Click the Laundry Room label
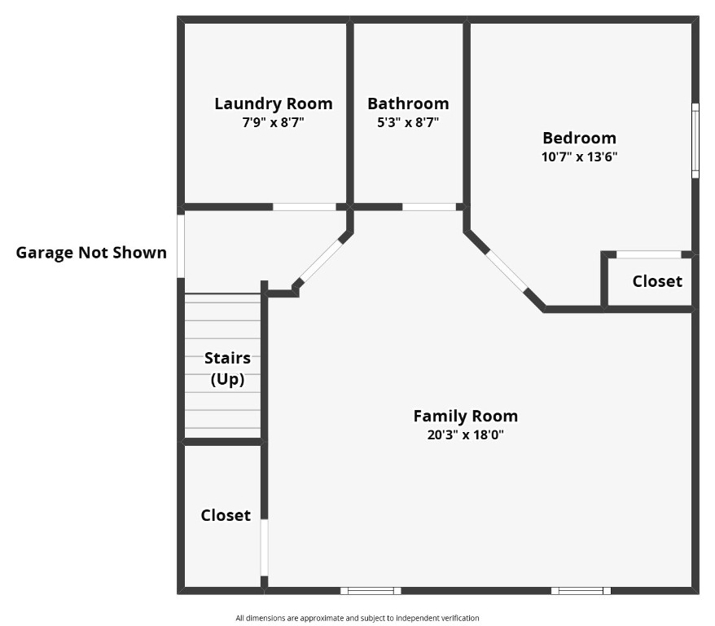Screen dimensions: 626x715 [x=273, y=104]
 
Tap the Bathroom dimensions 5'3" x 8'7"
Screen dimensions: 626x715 [x=407, y=122]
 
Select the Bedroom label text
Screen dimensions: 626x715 [x=579, y=138]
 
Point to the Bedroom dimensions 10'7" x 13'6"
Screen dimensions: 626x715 [x=579, y=157]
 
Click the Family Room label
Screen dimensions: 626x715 [x=465, y=416]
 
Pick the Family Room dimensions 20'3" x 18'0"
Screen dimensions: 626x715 [x=465, y=435]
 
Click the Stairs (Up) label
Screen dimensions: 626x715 [x=227, y=368]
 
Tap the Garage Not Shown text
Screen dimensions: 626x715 [x=91, y=253]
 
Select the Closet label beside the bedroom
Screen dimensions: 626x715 [x=656, y=281]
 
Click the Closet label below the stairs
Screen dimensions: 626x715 [x=226, y=515]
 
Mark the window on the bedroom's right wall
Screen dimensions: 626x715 [x=695, y=140]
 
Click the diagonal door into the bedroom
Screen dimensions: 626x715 [x=506, y=271]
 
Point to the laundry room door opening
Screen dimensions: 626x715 [x=304, y=207]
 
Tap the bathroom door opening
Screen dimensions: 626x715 [x=429, y=207]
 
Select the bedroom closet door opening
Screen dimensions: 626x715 [x=648, y=254]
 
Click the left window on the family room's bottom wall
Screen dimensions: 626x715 [x=371, y=590]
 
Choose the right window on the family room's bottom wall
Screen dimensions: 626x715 [x=580, y=590]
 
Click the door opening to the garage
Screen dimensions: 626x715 [x=181, y=245]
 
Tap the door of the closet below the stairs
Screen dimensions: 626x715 [x=264, y=547]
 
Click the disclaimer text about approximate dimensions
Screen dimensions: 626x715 [x=357, y=618]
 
